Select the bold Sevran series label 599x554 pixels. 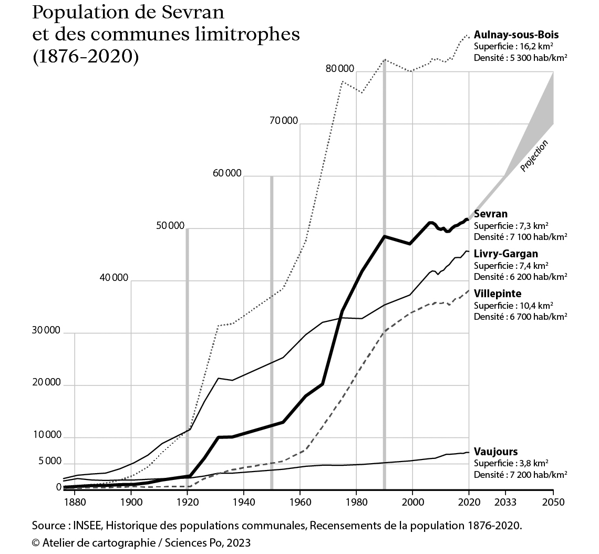(x=490, y=214)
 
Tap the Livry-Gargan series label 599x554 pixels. (x=505, y=254)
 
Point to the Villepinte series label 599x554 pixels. (x=497, y=294)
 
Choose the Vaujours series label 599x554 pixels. (x=495, y=452)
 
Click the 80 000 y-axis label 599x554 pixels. (x=339, y=69)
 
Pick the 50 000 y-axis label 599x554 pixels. (x=170, y=226)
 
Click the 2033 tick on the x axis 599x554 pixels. (x=504, y=502)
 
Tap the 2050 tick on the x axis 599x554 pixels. (x=553, y=502)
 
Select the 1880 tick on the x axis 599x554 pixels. (x=75, y=502)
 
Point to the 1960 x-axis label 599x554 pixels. (x=299, y=502)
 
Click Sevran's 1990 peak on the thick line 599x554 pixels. (x=384, y=236)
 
